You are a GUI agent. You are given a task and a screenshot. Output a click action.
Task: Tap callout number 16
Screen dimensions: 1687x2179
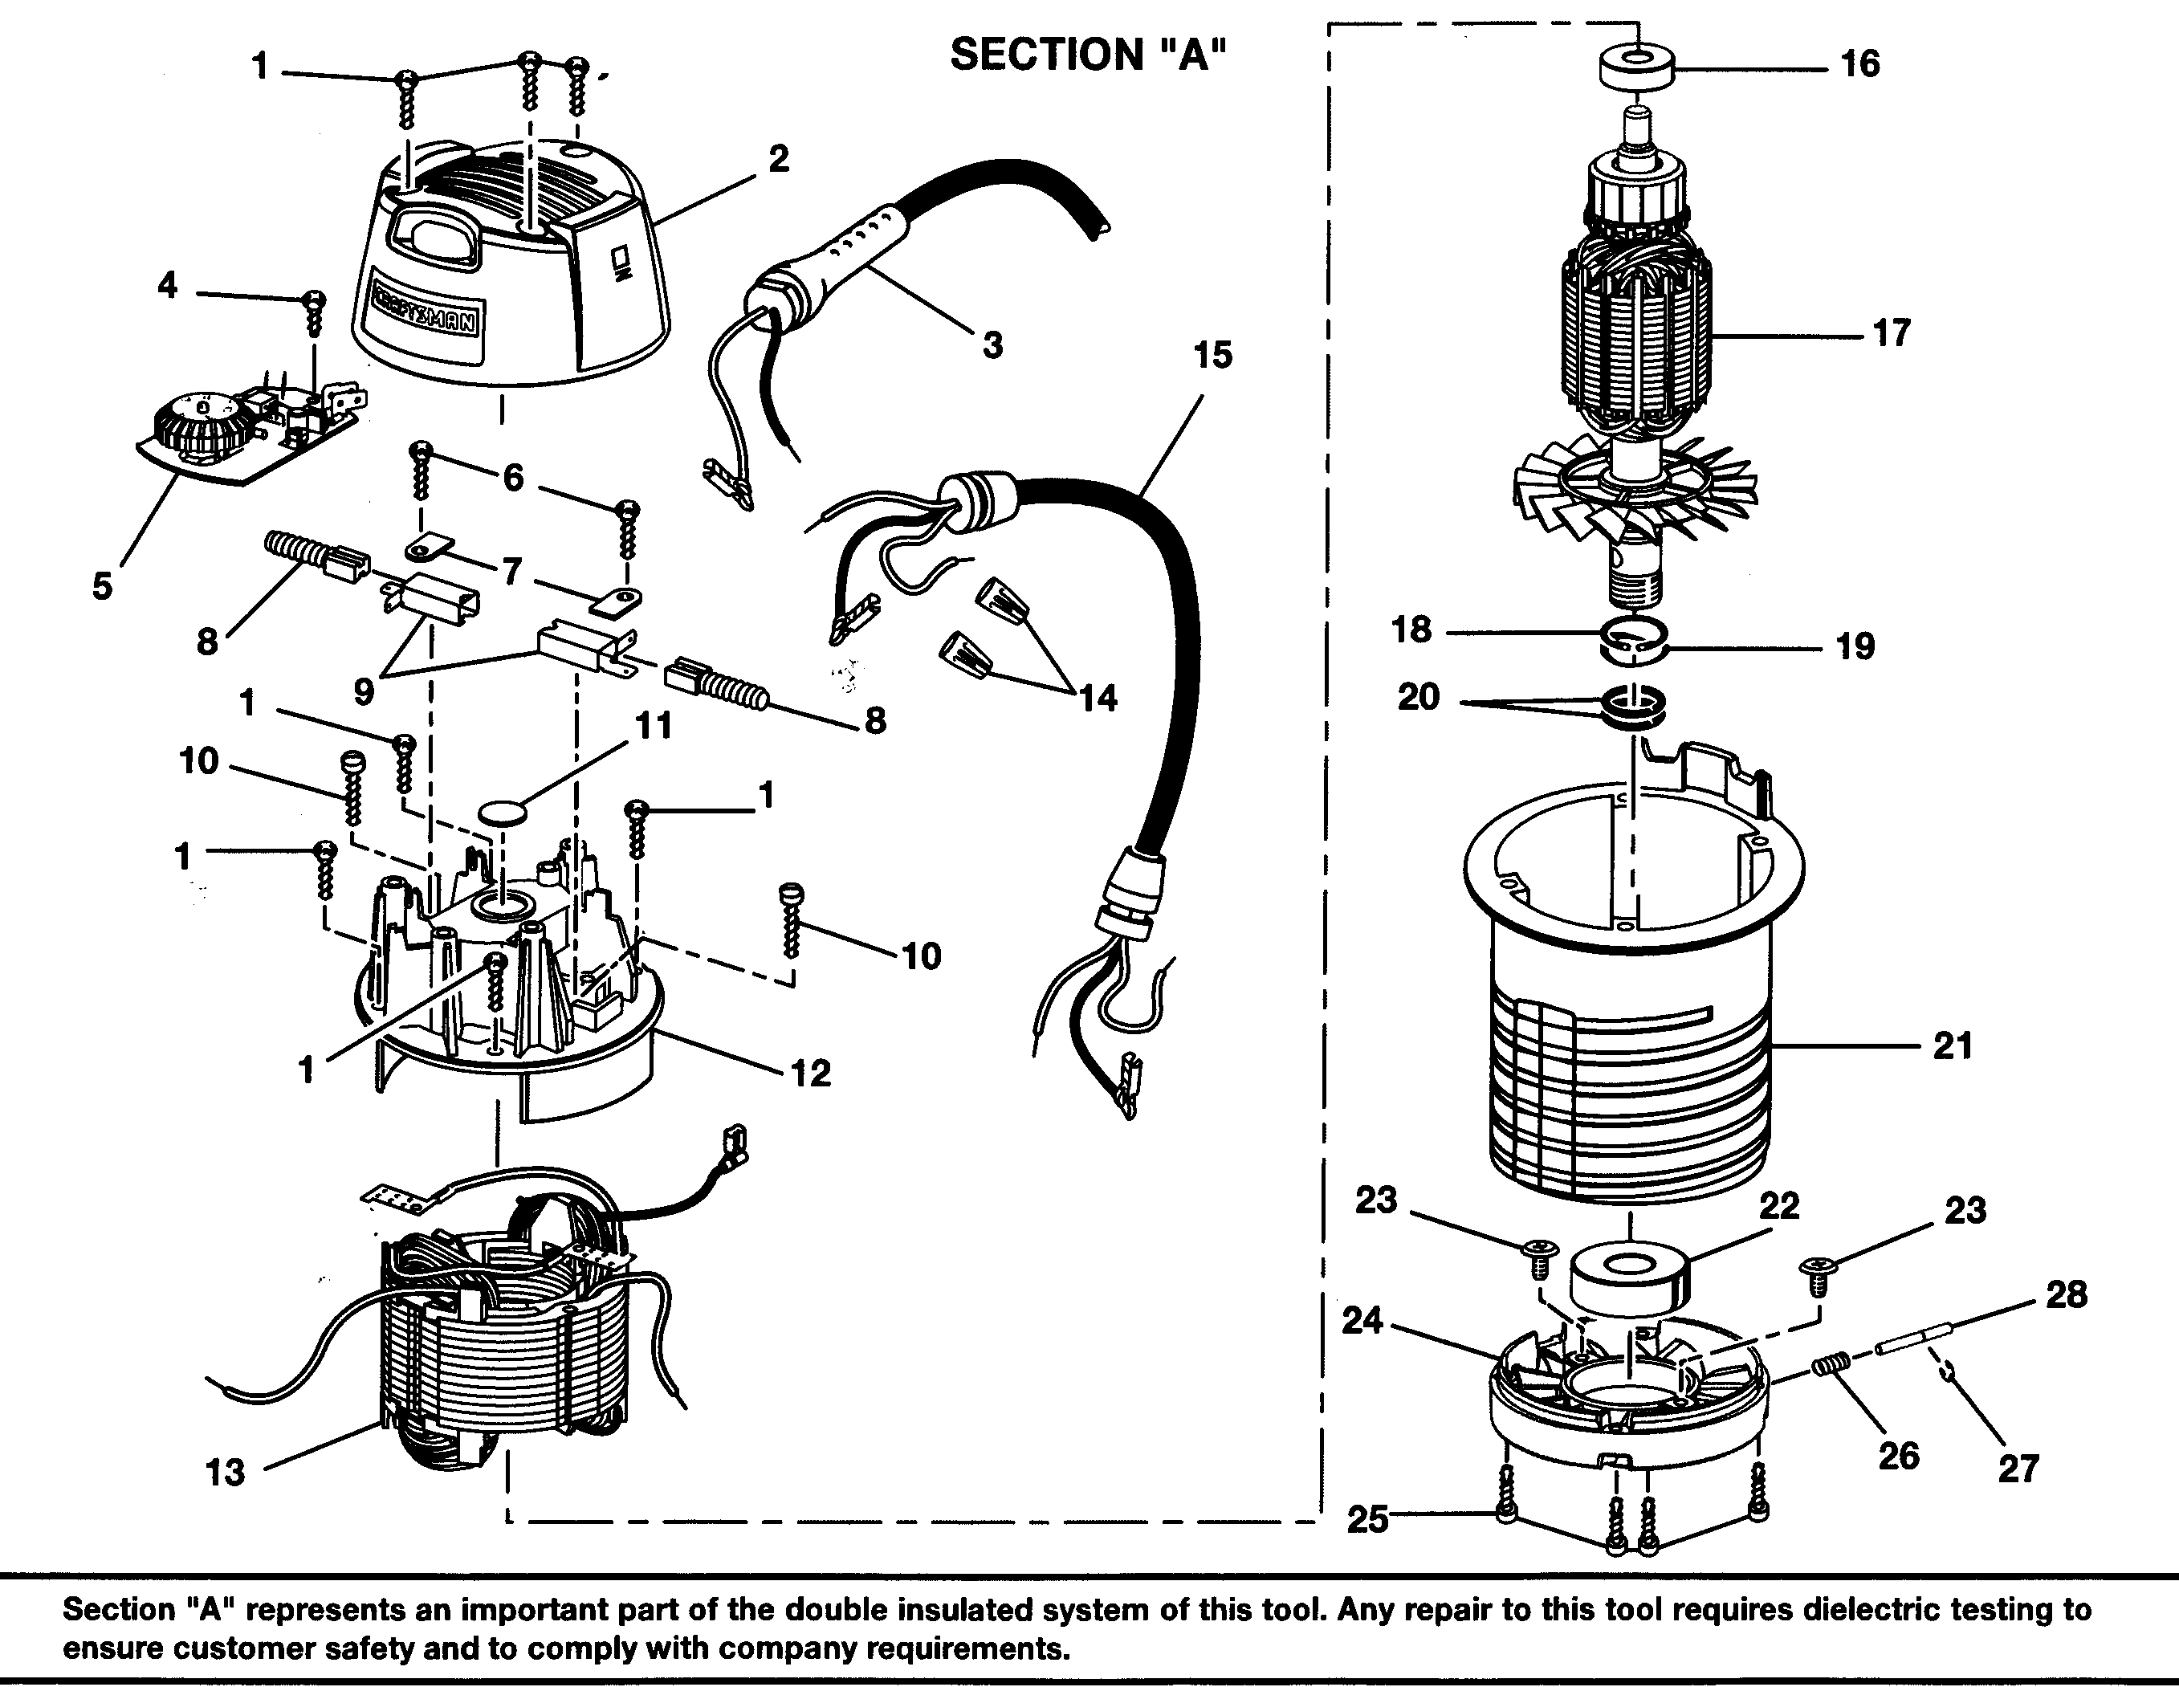click(1859, 64)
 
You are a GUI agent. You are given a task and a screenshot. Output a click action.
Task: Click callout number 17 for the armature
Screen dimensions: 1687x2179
click(1891, 332)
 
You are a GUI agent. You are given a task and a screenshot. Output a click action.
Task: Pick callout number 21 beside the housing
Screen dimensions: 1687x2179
click(1953, 1045)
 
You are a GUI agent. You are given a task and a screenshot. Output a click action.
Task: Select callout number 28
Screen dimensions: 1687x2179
click(2065, 1295)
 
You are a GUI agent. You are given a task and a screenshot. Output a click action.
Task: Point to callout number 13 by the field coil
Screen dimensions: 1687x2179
click(226, 1473)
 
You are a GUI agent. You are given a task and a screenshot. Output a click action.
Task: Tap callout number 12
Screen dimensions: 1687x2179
click(810, 1074)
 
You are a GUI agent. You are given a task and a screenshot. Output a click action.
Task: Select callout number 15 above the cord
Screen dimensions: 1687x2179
click(1213, 355)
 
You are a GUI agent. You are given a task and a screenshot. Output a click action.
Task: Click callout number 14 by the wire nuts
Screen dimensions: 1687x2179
click(1098, 699)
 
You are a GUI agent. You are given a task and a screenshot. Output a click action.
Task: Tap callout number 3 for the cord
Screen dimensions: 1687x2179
click(992, 345)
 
